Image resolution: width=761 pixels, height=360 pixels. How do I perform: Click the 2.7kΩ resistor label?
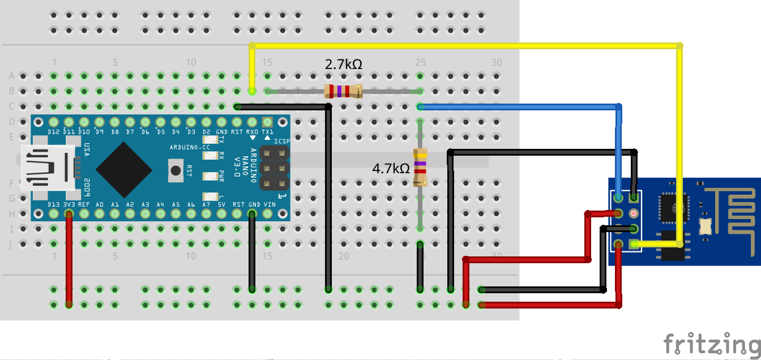coord(343,65)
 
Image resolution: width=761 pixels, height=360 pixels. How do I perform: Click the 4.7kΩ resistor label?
coord(390,168)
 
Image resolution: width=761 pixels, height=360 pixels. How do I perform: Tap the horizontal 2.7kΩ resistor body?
coord(343,91)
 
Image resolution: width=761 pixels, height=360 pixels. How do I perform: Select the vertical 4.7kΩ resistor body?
coord(420,167)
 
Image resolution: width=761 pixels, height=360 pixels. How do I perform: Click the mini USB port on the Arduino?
coord(48,168)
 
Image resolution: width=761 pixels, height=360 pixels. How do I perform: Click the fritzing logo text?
coord(712,344)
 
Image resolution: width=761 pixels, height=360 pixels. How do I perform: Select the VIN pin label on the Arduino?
coord(269,204)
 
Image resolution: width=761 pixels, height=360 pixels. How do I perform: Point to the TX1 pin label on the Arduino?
coord(268,131)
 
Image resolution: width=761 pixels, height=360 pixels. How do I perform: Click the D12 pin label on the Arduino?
coord(54,131)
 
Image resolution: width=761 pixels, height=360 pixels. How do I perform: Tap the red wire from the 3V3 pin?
coord(69,260)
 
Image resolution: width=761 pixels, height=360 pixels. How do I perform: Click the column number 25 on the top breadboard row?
coord(420,62)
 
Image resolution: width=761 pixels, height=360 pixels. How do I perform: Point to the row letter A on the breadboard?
coord(11,76)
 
